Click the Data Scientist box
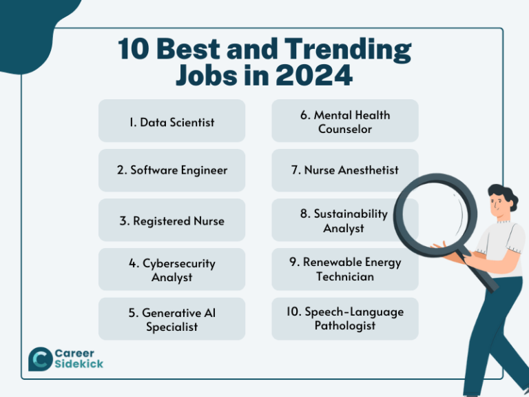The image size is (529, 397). (172, 121)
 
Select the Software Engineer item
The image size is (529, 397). (172, 170)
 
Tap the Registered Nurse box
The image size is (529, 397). (172, 221)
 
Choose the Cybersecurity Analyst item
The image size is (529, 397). (172, 269)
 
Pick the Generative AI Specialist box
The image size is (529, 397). (172, 319)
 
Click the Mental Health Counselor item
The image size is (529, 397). (344, 121)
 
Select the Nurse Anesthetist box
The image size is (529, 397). (344, 170)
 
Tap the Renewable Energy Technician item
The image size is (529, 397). (344, 269)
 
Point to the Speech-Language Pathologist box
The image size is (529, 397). (344, 319)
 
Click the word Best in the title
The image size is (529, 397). (191, 50)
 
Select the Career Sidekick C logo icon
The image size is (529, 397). (39, 358)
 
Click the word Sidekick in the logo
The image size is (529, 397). (79, 364)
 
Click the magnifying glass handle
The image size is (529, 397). (486, 276)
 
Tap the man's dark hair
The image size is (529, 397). (505, 194)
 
